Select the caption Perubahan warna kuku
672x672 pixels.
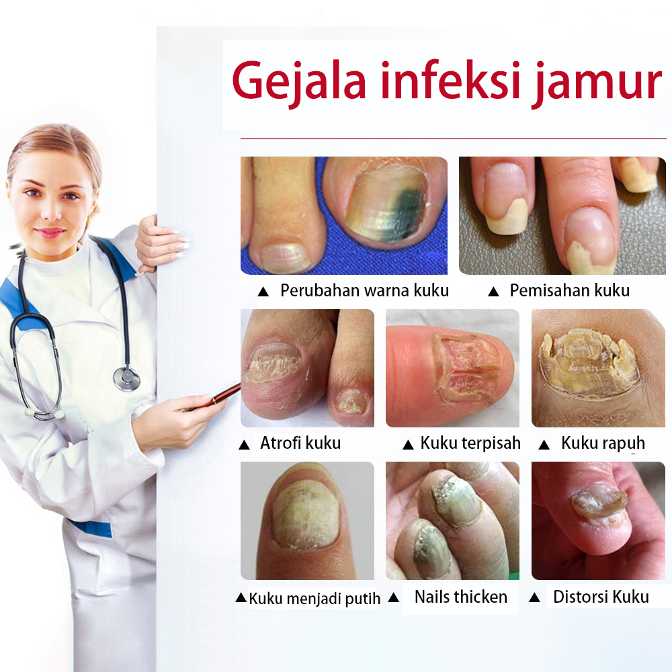click(x=364, y=290)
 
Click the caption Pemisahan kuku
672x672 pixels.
click(x=570, y=290)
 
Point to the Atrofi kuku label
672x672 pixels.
click(x=300, y=443)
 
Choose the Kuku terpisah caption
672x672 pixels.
click(x=470, y=443)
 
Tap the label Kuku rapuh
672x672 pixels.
click(x=603, y=444)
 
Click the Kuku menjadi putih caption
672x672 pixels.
click(x=314, y=598)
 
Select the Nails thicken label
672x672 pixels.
click(x=461, y=597)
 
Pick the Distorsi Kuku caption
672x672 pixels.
click(x=601, y=597)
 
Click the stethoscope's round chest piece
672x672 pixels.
click(x=126, y=379)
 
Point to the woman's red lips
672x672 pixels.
click(x=50, y=233)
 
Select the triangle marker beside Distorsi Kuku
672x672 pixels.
click(x=534, y=597)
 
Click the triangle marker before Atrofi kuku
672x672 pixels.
click(x=244, y=445)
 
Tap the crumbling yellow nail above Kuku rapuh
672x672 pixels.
click(x=590, y=362)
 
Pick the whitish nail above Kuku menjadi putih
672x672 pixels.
click(x=305, y=518)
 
